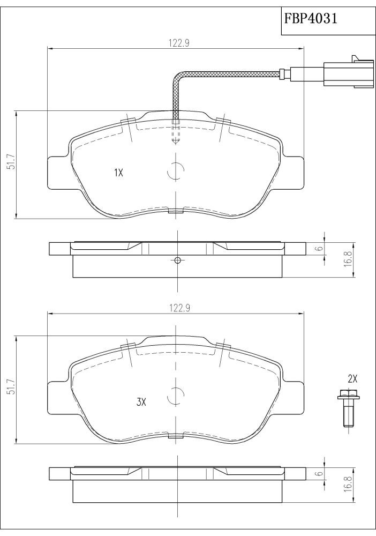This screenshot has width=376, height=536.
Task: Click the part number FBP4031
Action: [x=311, y=18]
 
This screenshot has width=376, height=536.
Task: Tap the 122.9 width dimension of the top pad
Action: [x=179, y=43]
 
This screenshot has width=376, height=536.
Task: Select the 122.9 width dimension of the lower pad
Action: [x=179, y=308]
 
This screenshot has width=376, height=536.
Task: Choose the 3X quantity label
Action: [x=141, y=403]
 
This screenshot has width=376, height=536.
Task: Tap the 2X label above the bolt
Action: [x=352, y=379]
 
